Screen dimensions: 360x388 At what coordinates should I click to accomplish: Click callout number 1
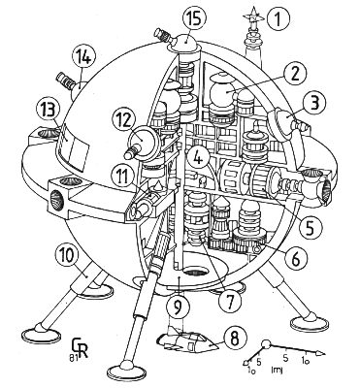pyautogui.click(x=278, y=18)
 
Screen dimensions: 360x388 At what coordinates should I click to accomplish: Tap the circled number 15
pyautogui.click(x=194, y=20)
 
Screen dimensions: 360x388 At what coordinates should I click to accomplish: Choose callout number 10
pyautogui.click(x=67, y=259)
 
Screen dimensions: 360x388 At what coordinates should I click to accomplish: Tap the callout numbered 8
pyautogui.click(x=235, y=339)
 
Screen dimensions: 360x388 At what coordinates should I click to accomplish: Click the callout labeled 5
pyautogui.click(x=311, y=227)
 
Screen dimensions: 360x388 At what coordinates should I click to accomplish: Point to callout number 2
pyautogui.click(x=294, y=75)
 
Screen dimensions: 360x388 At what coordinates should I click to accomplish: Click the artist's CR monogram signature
pyautogui.click(x=81, y=348)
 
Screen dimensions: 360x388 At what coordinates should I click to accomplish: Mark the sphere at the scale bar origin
pyautogui.click(x=267, y=345)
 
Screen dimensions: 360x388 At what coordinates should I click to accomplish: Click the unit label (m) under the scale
pyautogui.click(x=276, y=370)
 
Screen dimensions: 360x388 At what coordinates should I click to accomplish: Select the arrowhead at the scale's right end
pyautogui.click(x=319, y=353)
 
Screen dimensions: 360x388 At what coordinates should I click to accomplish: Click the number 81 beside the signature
pyautogui.click(x=71, y=357)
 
